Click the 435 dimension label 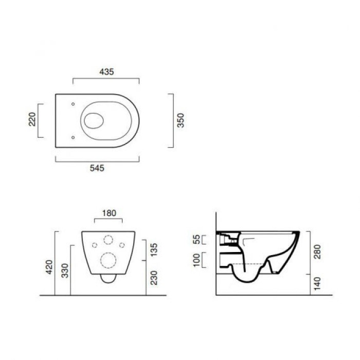tap(106, 72)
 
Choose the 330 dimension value tap(64, 271)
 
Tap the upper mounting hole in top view tap(73, 104)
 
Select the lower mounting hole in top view tap(73, 137)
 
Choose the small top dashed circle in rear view tap(108, 240)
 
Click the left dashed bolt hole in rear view tap(94, 245)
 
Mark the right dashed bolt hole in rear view tap(122, 245)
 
